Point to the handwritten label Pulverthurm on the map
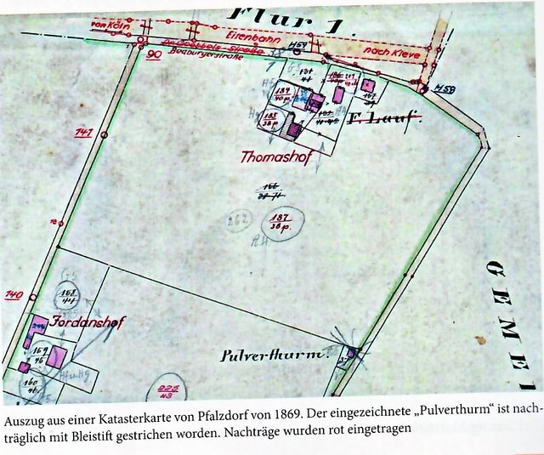coord(262,354)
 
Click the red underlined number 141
coord(83,134)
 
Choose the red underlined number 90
coord(154,54)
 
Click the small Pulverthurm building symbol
coord(351,351)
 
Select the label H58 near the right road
coord(443,88)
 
